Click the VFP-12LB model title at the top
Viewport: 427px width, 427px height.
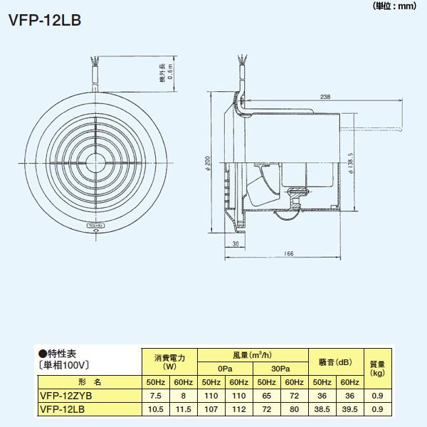[44, 19]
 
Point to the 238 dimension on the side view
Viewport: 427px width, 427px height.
[325, 97]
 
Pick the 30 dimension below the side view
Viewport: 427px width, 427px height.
[236, 245]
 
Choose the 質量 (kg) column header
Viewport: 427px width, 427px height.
[377, 368]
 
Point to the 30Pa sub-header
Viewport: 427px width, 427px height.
[280, 370]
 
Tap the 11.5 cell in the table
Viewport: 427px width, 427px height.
[184, 408]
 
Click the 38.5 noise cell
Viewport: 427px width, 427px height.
[320, 408]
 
